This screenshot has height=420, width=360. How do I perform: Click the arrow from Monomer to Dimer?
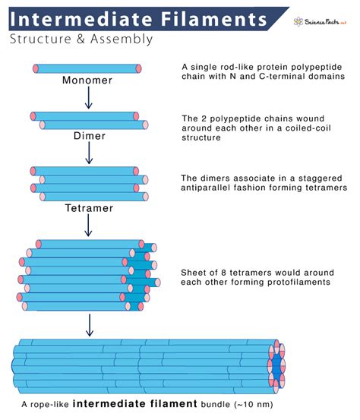pos(88,97)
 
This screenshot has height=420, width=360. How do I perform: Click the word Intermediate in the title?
pos(71,16)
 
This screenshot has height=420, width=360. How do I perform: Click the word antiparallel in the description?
pos(210,187)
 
